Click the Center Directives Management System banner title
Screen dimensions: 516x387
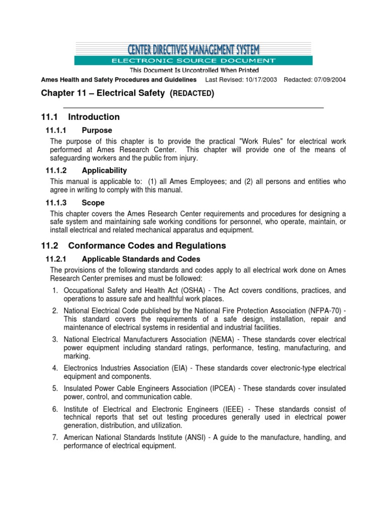point(193,49)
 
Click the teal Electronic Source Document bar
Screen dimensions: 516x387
point(193,61)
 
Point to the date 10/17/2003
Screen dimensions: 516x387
point(260,80)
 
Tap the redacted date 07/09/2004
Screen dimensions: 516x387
point(329,80)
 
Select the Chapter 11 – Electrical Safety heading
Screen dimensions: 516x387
point(127,93)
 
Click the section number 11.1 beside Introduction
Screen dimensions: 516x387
point(49,117)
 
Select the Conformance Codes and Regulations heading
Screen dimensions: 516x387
point(147,246)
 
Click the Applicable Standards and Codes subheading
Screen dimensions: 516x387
point(141,259)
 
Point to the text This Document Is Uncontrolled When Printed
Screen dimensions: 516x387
point(195,70)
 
